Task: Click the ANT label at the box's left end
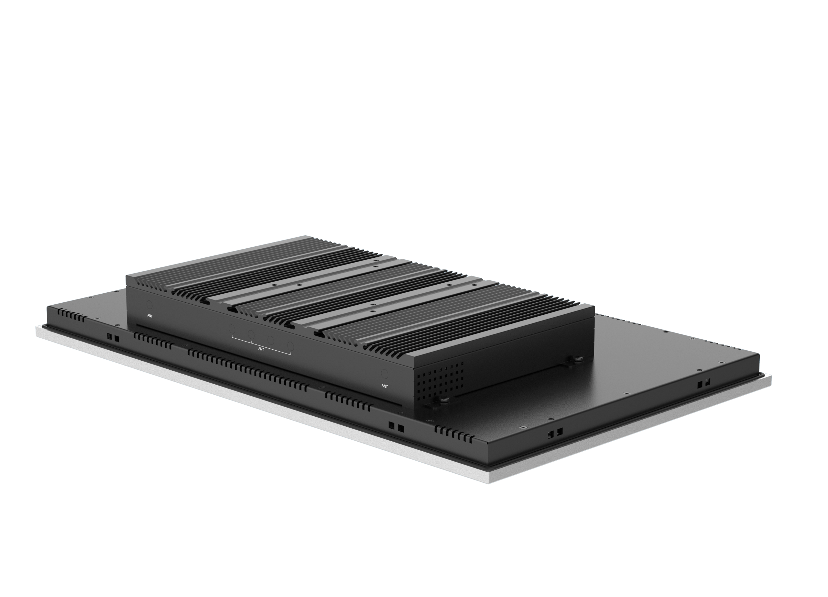(150, 316)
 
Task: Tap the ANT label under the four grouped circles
(261, 349)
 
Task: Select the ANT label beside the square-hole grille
(385, 386)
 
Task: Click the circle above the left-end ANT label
(149, 304)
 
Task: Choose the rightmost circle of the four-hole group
(290, 345)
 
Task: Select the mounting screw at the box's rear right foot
(578, 360)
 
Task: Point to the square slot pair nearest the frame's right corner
(704, 384)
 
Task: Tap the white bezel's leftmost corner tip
(36, 327)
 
